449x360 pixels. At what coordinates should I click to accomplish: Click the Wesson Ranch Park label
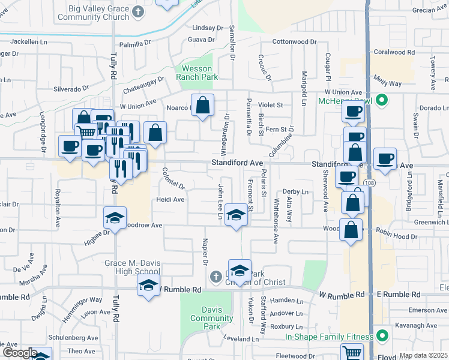(x=197, y=73)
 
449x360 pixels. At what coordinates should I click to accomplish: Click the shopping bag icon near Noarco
(x=203, y=105)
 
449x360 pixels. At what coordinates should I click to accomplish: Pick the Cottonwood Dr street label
(x=294, y=41)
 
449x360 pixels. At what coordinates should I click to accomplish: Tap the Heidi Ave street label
(x=170, y=199)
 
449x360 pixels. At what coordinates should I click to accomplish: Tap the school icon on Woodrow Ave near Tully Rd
(x=115, y=218)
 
